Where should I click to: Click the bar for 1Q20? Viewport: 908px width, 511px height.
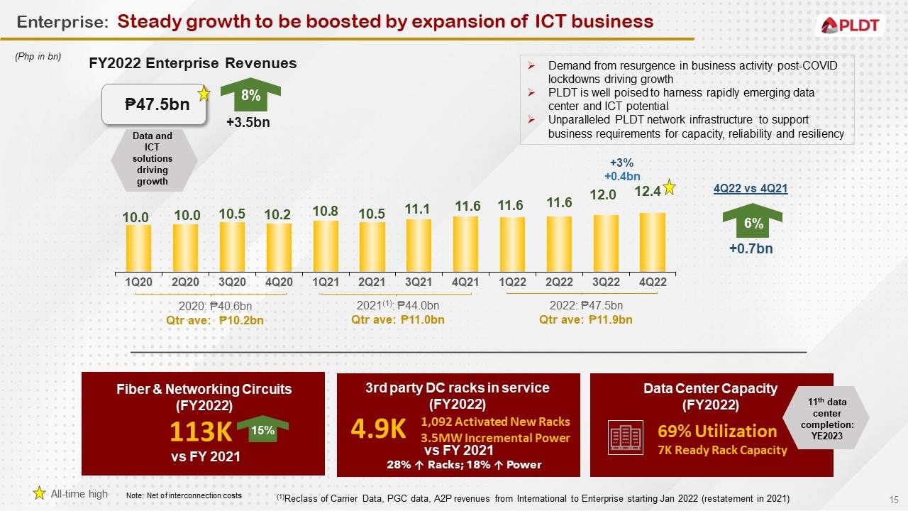coord(138,248)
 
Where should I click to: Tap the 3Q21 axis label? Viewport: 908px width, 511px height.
coord(418,282)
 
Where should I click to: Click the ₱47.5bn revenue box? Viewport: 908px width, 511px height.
coord(157,105)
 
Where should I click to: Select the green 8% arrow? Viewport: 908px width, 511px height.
coord(250,96)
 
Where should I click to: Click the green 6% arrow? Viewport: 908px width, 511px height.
coord(752,223)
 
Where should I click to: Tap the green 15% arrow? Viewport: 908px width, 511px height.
coord(262,430)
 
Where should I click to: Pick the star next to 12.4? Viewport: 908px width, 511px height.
coord(668,187)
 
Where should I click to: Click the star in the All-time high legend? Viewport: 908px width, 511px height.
coord(40,493)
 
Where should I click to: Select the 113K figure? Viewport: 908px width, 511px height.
coord(201,431)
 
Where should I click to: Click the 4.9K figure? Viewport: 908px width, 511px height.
coord(378,429)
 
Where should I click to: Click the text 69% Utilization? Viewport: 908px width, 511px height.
coord(717,432)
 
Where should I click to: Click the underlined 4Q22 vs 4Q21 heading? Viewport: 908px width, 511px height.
coord(750,188)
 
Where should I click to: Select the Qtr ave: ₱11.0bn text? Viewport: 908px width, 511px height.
coord(398,320)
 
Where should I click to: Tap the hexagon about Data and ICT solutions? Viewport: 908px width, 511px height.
coord(153,158)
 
